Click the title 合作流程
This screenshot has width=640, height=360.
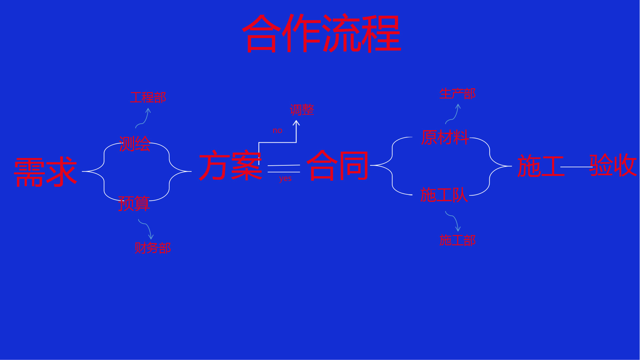click(322, 33)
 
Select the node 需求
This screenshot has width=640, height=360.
click(46, 172)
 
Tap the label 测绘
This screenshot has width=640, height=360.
click(135, 144)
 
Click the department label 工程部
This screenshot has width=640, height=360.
click(148, 98)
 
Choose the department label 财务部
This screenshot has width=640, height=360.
click(153, 248)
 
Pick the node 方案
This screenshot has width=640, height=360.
click(230, 166)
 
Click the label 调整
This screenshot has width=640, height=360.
click(302, 110)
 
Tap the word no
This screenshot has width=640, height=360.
click(277, 131)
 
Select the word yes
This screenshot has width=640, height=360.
click(285, 179)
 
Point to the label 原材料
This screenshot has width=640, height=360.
click(445, 137)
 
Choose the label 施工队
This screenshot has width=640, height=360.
click(444, 195)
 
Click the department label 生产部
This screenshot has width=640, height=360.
click(457, 94)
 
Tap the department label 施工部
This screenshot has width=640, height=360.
click(457, 240)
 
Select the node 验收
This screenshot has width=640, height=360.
click(613, 165)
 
